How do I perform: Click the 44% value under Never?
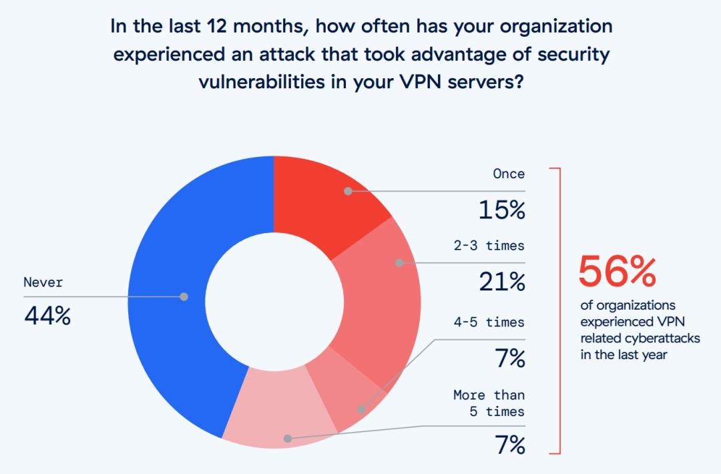pyautogui.click(x=47, y=315)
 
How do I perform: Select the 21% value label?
pyautogui.click(x=501, y=282)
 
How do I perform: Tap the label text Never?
pyautogui.click(x=43, y=282)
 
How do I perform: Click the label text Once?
pyautogui.click(x=509, y=174)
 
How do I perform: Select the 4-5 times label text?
pyautogui.click(x=489, y=322)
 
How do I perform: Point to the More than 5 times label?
pyautogui.click(x=489, y=403)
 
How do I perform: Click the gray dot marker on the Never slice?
pyautogui.click(x=184, y=296)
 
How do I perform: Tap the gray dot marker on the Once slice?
pyautogui.click(x=348, y=191)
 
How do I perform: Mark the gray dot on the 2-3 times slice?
pyautogui.click(x=399, y=263)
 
